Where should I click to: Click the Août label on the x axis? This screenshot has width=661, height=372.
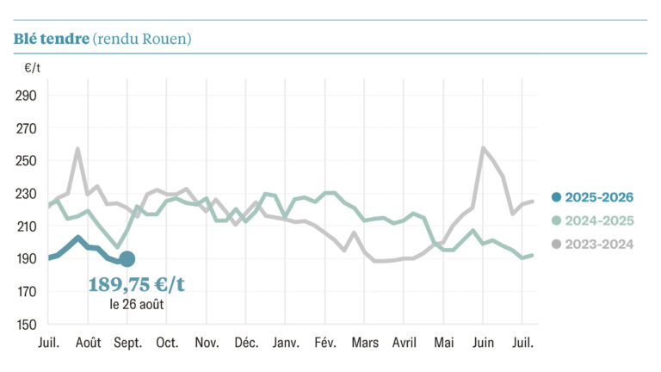88,342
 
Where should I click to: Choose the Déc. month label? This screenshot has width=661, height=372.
246,342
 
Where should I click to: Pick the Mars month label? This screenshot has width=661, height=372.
365,342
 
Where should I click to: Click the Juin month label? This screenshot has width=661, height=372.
483,342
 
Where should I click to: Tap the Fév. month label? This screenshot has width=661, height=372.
325,342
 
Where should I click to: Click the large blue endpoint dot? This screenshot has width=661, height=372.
127,258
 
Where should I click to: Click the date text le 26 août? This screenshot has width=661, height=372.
137,304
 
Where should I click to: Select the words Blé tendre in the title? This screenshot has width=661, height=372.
51,40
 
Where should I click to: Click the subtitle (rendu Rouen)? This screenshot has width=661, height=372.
142,40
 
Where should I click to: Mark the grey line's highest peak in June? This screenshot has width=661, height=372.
483,148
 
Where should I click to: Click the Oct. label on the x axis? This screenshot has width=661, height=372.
167,342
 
